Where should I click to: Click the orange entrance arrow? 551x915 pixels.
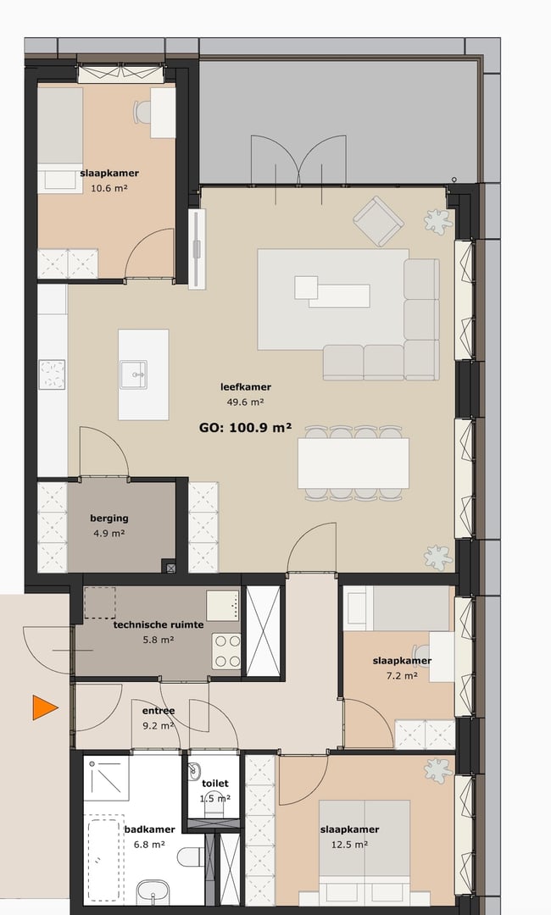(44, 707)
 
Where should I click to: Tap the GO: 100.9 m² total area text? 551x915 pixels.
(244, 428)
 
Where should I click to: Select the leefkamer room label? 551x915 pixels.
(246, 387)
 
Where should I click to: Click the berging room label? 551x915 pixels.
(109, 518)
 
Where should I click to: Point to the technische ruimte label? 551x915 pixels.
(158, 624)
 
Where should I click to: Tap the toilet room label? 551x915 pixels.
(215, 784)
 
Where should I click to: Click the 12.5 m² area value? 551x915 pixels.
(349, 844)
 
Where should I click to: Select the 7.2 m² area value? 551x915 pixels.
(401, 675)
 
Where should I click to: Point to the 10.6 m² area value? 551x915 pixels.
(109, 188)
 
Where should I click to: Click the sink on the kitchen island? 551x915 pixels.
(133, 373)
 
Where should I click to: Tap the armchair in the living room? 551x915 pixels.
(378, 220)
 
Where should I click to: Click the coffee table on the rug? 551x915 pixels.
(332, 292)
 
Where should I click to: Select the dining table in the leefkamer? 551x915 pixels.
(353, 463)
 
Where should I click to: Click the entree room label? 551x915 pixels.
(159, 711)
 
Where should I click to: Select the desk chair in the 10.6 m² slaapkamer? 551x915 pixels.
(142, 110)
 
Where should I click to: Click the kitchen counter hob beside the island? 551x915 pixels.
(52, 373)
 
